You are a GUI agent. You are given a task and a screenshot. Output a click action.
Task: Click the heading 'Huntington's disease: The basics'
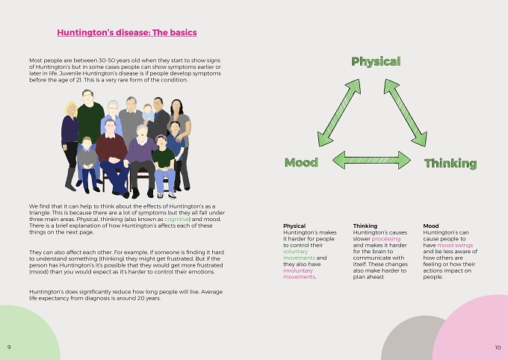pos(127,32)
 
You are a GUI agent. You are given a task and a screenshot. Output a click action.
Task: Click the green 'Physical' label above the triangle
pos(376,61)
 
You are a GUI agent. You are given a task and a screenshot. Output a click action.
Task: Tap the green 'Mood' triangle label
pos(301,162)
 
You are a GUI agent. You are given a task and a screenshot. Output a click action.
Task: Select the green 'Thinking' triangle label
pos(450,163)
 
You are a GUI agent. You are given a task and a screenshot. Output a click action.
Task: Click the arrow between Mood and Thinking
pos(371,160)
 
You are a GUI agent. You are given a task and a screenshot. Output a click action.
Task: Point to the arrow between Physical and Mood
pos(339,113)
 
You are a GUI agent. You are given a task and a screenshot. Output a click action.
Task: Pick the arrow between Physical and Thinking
pos(406,113)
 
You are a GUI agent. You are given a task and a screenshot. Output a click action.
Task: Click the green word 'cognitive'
pos(176,220)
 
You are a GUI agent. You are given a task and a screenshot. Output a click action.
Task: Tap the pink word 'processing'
pos(386,239)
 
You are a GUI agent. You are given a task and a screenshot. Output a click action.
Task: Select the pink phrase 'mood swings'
pos(455,245)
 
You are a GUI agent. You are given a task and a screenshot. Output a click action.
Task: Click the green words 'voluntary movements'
pos(299,255)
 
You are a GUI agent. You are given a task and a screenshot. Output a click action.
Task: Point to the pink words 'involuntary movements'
pos(299,274)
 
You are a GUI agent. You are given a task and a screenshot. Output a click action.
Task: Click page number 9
pos(9,347)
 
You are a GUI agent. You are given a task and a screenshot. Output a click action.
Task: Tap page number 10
pos(498,347)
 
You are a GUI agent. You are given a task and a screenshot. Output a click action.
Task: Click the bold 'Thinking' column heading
pos(365,226)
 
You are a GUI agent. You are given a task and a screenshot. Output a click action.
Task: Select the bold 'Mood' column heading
pos(431,226)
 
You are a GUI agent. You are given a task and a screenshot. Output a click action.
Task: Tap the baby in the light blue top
pos(148,113)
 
